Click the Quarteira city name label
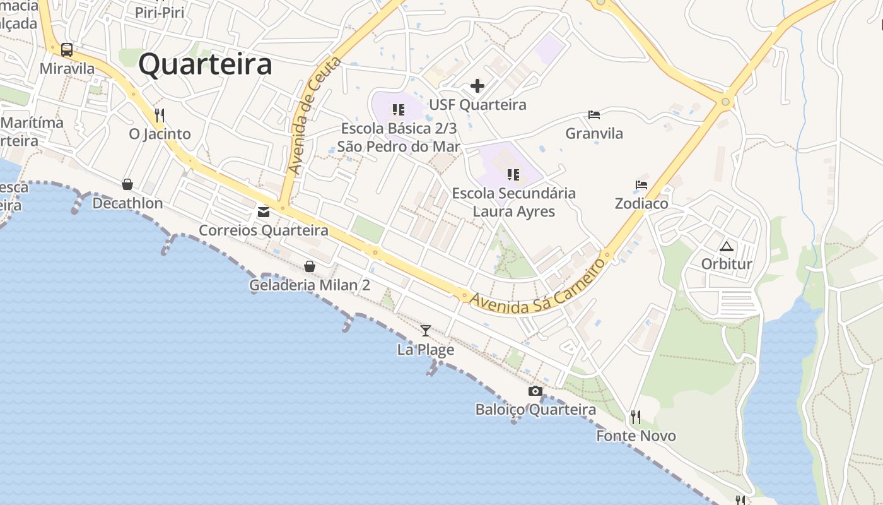(205, 64)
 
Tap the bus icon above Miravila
(67, 50)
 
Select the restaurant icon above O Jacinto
(160, 116)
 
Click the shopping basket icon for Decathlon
(127, 184)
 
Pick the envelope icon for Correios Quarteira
(264, 212)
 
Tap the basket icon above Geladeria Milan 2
(310, 266)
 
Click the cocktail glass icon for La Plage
(426, 330)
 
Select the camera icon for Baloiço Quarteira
(535, 391)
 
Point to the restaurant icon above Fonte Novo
(636, 417)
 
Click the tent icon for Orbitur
(727, 246)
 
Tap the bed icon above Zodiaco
(641, 186)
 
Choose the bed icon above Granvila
(594, 115)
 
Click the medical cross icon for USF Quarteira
(477, 86)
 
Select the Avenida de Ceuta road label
(313, 116)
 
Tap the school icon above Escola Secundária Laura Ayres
(513, 174)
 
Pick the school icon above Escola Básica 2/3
(398, 110)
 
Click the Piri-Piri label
(160, 12)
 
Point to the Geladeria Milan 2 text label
(310, 285)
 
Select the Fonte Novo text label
(636, 436)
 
